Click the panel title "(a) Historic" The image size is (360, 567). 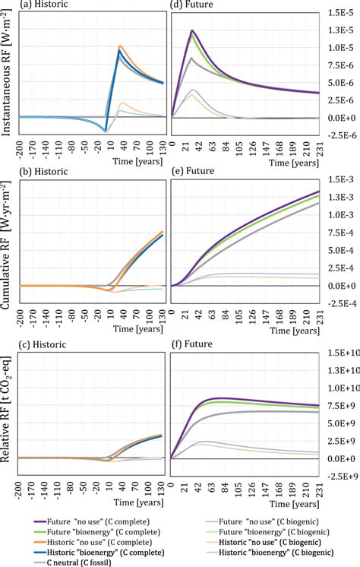tap(28, 5)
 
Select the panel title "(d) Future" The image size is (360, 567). tap(192, 5)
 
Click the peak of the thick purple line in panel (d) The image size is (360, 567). tap(192, 30)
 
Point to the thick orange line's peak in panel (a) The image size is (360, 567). tap(121, 46)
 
